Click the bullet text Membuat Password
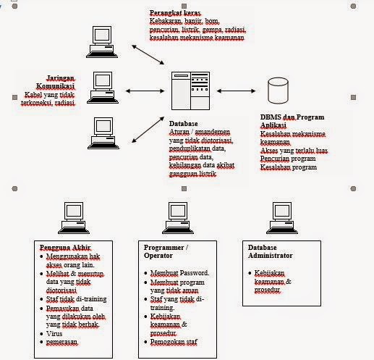[x=180, y=272]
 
